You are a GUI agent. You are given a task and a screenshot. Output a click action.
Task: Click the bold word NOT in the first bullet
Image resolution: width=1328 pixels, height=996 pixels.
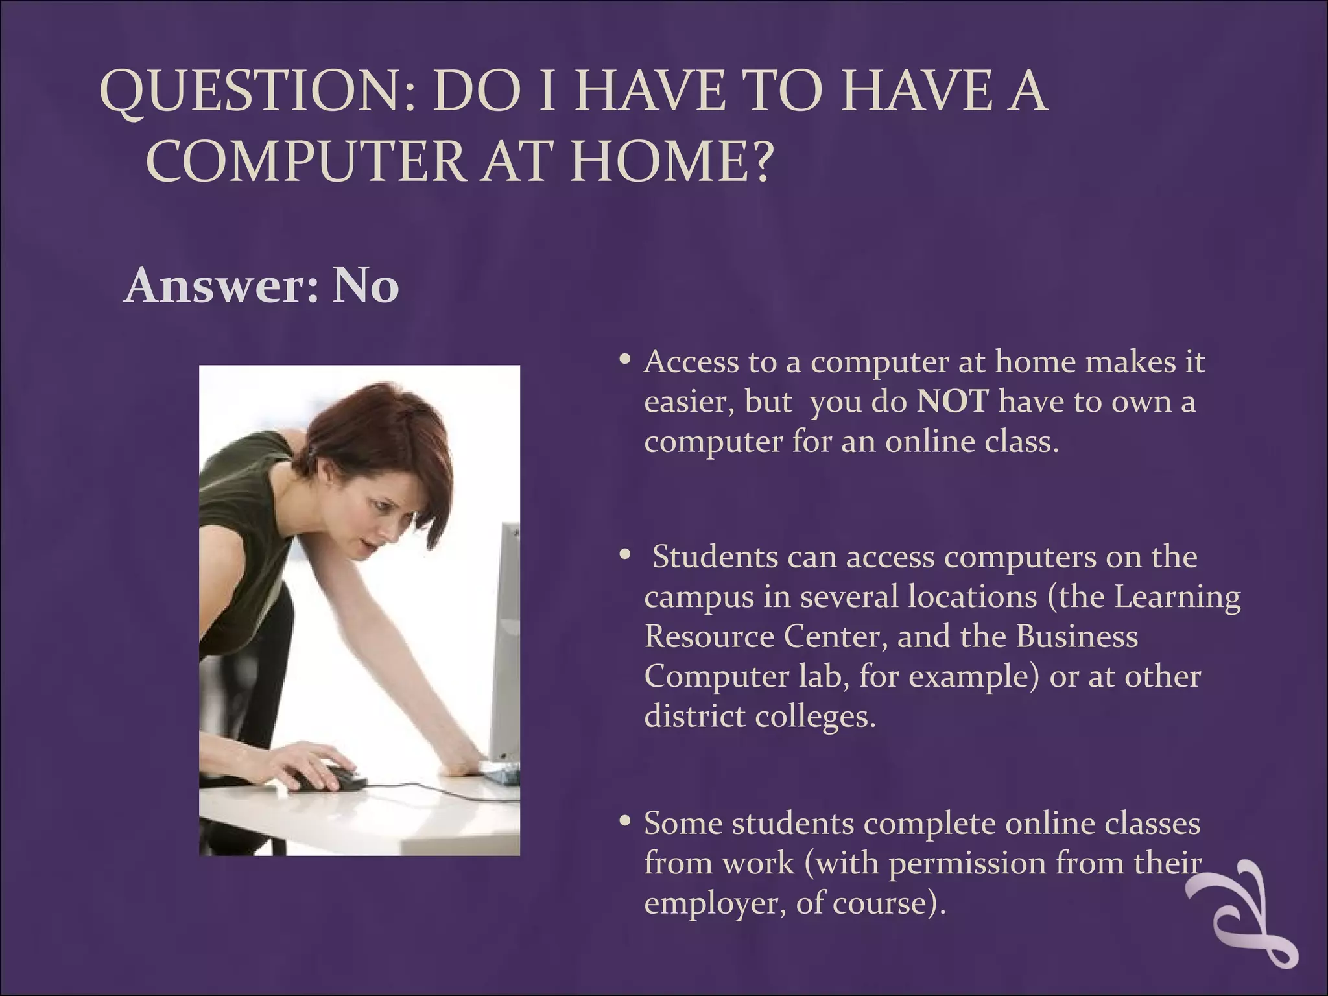point(953,402)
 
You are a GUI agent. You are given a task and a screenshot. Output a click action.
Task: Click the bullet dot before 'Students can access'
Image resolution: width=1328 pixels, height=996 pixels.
point(625,555)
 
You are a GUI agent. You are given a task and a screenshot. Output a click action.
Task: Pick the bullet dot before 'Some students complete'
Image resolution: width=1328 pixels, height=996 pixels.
point(625,822)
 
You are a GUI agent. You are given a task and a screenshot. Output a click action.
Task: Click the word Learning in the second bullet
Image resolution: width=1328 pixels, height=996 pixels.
point(1177,597)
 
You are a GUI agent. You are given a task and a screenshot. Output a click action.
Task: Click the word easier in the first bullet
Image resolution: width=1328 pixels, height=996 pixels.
point(689,402)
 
